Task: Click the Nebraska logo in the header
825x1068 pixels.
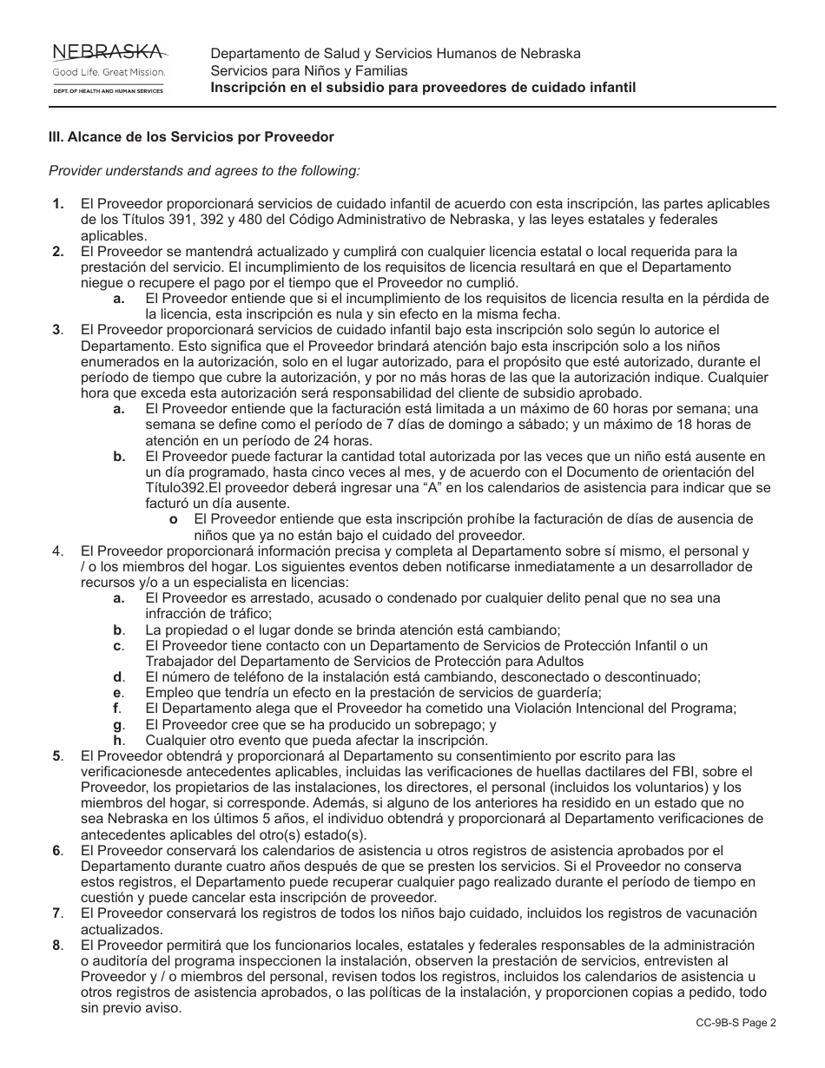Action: pyautogui.click(x=109, y=67)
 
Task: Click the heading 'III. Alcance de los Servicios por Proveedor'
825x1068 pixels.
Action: pyautogui.click(x=191, y=137)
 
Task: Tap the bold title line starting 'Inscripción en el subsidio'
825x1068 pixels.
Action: pyautogui.click(x=423, y=88)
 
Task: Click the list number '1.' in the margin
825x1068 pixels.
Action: pyautogui.click(x=58, y=204)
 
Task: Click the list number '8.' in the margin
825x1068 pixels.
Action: pyautogui.click(x=57, y=945)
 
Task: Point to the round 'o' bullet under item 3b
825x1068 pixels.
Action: pyautogui.click(x=174, y=519)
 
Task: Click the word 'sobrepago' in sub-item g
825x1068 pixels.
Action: pyautogui.click(x=430, y=724)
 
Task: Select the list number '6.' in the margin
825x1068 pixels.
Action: pyautogui.click(x=57, y=850)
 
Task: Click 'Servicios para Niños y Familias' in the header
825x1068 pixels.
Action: pyautogui.click(x=308, y=70)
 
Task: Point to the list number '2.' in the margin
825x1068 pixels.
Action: pyautogui.click(x=58, y=252)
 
